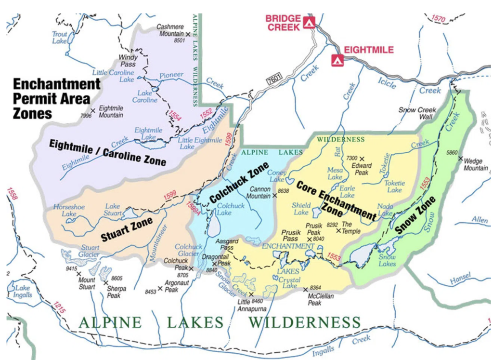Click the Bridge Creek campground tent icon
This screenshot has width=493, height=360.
pyautogui.click(x=309, y=22)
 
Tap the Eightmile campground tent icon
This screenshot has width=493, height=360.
pyautogui.click(x=337, y=60)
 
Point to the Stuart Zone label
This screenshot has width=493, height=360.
pyautogui.click(x=127, y=229)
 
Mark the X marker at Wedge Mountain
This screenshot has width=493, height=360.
pyautogui.click(x=460, y=159)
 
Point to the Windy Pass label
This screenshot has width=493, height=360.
pyautogui.click(x=128, y=61)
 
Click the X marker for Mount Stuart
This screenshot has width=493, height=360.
pyautogui.click(x=78, y=273)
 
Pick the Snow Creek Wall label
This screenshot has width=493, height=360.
pyautogui.click(x=417, y=113)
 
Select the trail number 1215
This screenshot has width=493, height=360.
pyautogui.click(x=59, y=308)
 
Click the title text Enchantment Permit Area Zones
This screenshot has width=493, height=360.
pyautogui.click(x=56, y=99)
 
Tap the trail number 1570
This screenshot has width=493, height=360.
pyautogui.click(x=438, y=19)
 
